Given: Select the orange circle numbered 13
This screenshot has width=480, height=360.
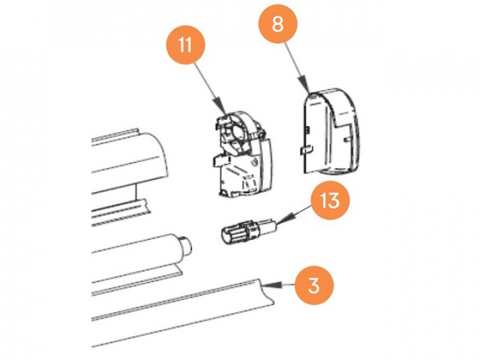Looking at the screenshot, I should (x=333, y=200).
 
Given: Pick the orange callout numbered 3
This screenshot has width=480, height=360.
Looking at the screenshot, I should (x=314, y=285).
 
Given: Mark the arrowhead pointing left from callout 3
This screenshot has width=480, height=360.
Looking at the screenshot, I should (x=269, y=285).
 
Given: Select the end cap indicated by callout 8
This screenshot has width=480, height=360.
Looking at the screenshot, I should (x=331, y=130).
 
